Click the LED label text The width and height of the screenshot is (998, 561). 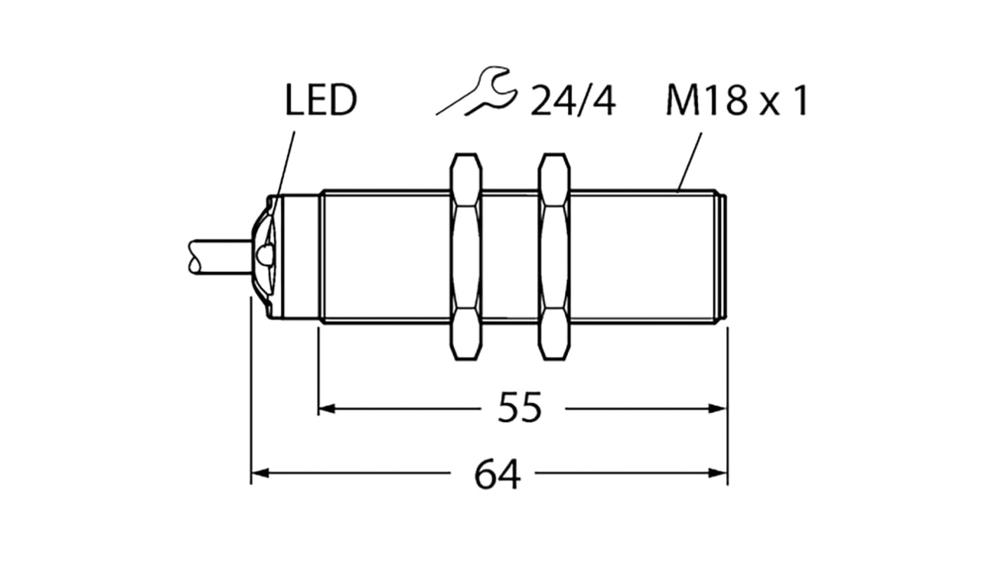321,101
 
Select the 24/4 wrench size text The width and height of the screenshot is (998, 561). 573,102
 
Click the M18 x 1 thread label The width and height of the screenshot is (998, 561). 737,102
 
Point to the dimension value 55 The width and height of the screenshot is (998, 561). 520,408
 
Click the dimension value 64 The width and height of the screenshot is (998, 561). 498,475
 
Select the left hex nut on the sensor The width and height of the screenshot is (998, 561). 465,257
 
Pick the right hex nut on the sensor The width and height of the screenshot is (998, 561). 555,257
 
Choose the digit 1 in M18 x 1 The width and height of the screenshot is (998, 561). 800,102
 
